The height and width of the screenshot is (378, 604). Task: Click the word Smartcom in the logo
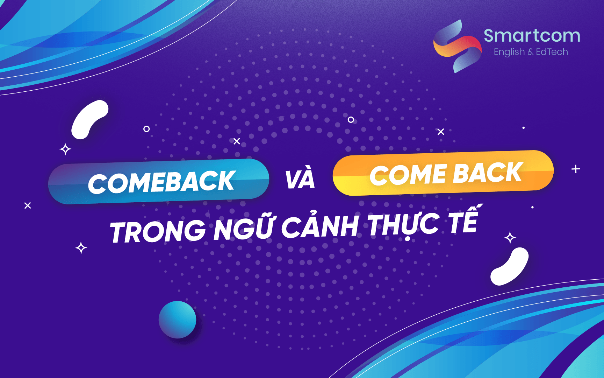coord(532,36)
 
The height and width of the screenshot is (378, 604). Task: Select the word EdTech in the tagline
coord(552,52)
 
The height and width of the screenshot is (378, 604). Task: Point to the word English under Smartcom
coord(509,52)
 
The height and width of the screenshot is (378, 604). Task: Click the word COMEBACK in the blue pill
coord(161,182)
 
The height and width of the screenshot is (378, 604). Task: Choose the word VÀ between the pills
coord(300,179)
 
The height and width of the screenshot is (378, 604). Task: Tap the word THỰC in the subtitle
coord(403,225)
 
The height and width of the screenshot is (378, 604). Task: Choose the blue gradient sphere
coord(177,320)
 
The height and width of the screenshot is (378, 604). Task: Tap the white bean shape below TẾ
coord(509,267)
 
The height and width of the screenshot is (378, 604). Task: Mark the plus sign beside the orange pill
coord(576,169)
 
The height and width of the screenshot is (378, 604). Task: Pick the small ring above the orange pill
coord(351,120)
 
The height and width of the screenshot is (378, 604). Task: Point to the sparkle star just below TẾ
coord(510,238)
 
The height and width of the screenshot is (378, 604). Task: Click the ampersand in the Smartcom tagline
coord(530,52)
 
